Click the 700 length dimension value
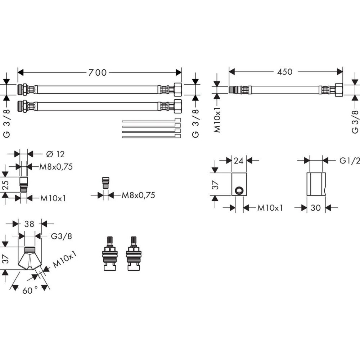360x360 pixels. click(98, 73)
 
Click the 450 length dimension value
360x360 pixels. click(285, 72)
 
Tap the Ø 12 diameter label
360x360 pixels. click(55, 154)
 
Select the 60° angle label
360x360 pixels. click(30, 290)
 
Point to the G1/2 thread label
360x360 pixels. click(350, 160)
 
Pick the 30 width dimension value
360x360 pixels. click(316, 208)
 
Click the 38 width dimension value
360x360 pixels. click(29, 224)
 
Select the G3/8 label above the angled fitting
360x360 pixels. click(61, 236)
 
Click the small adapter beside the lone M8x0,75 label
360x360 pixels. click(106, 183)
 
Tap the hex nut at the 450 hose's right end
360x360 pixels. click(339, 90)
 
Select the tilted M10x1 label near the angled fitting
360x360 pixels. click(66, 260)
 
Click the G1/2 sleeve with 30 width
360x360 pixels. click(316, 184)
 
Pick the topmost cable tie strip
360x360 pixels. click(151, 120)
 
